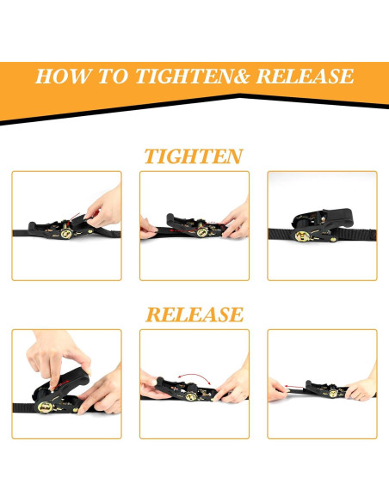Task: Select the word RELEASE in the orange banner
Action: (x=305, y=77)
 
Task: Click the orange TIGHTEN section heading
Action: (x=194, y=156)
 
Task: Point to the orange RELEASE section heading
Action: (x=194, y=315)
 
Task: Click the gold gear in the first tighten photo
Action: (x=66, y=234)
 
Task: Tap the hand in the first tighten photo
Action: (x=104, y=207)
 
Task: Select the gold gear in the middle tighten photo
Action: (x=202, y=232)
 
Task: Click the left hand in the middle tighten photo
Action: (x=147, y=228)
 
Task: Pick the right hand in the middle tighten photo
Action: (x=236, y=221)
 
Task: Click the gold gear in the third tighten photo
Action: (x=302, y=236)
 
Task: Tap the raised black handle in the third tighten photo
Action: (x=324, y=218)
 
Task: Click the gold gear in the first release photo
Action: (x=45, y=407)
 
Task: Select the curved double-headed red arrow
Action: (x=194, y=376)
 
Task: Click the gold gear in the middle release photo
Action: (x=191, y=397)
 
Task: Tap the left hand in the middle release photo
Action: (x=152, y=385)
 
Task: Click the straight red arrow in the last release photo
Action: (x=293, y=387)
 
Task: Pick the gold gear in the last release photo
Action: (x=333, y=393)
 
